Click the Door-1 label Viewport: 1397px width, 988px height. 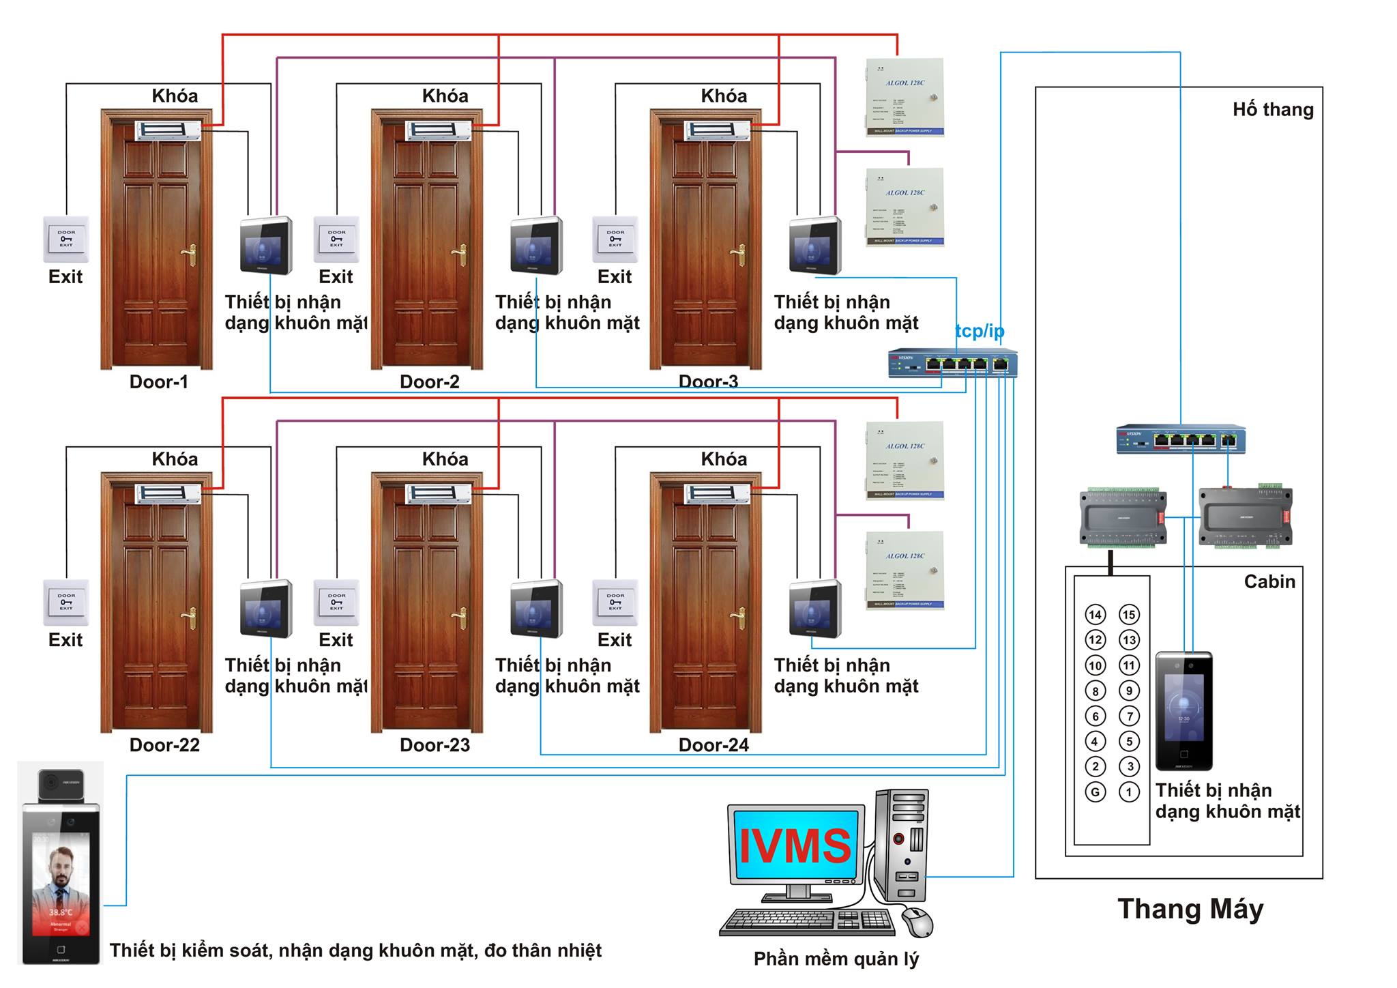click(158, 381)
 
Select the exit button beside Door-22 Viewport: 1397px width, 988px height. click(66, 602)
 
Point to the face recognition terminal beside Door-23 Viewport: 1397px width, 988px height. click(536, 609)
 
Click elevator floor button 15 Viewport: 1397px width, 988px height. click(1129, 615)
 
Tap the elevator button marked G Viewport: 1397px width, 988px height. click(1095, 792)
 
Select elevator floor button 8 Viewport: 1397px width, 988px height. click(1095, 691)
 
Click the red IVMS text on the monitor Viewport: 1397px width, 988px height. click(795, 847)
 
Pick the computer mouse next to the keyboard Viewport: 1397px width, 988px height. click(918, 922)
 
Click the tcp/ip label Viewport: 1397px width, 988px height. click(980, 332)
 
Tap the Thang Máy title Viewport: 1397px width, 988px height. click(1190, 909)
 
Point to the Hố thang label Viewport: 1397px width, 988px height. click(1272, 110)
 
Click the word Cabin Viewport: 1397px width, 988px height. click(1269, 581)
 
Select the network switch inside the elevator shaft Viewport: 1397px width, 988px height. click(1181, 439)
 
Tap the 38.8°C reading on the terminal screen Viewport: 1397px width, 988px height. click(60, 912)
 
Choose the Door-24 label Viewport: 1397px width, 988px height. click(713, 745)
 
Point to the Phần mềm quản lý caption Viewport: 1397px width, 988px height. click(836, 959)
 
